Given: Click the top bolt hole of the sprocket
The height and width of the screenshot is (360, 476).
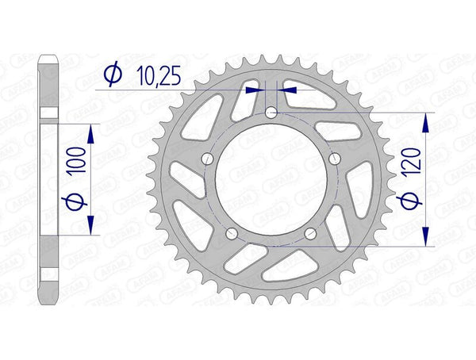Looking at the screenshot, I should pyautogui.click(x=271, y=113).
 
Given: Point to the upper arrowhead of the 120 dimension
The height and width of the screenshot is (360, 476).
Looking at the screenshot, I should pyautogui.click(x=427, y=122).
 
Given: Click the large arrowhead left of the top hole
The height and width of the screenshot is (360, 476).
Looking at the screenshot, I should pyautogui.click(x=255, y=90).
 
